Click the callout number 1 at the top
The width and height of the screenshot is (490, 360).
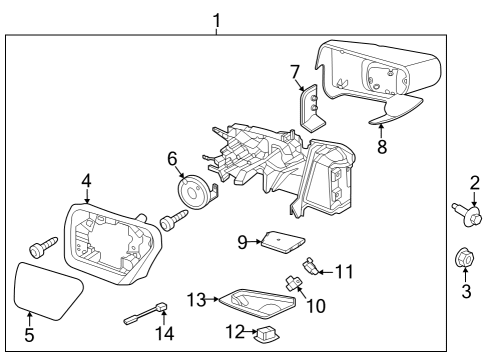[x=218, y=18]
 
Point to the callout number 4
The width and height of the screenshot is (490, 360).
[x=88, y=181]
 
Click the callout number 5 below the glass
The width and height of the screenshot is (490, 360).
[x=29, y=336]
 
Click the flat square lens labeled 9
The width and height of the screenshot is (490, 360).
[x=284, y=243]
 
